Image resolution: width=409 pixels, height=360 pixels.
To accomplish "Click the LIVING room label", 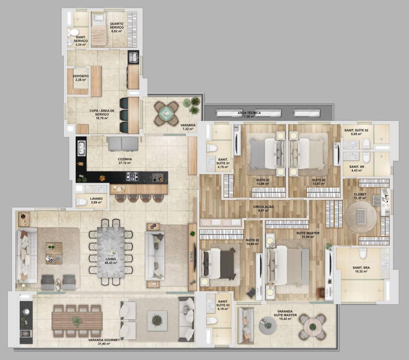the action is [x=111, y=259].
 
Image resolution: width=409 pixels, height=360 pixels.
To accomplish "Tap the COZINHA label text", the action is [x=125, y=159].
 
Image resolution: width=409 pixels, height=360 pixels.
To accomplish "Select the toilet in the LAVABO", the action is [x=81, y=201].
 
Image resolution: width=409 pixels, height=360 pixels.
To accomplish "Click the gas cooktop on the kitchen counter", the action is [x=133, y=177].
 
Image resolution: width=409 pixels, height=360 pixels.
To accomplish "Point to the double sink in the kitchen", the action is [x=81, y=149].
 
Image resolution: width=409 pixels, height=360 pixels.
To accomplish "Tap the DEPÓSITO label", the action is [x=81, y=76].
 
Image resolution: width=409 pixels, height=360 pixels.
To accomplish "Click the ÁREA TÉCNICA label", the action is [x=249, y=113].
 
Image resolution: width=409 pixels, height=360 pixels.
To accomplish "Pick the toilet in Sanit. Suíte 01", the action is [x=212, y=148].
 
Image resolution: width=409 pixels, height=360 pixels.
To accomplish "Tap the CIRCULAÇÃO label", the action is [x=263, y=207].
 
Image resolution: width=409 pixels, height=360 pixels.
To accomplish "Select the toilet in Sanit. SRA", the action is [x=363, y=253].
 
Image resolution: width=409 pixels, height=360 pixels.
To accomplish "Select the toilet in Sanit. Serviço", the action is [x=73, y=32].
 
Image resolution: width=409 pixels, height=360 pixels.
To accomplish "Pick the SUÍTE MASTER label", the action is [x=308, y=233].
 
